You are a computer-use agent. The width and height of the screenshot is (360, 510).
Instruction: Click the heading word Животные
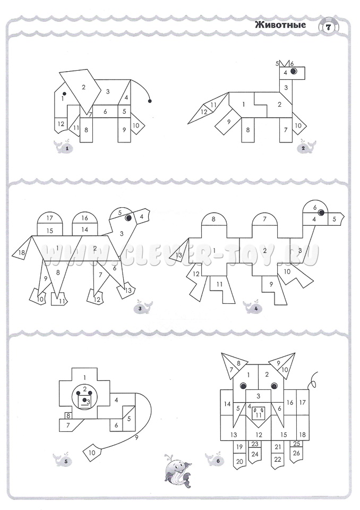(280, 25)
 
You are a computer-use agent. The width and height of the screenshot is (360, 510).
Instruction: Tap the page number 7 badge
(328, 28)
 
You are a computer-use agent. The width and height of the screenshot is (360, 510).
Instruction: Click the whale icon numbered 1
(64, 147)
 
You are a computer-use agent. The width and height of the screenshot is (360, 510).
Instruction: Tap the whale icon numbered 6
(215, 460)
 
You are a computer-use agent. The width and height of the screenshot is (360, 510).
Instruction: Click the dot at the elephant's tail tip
(150, 101)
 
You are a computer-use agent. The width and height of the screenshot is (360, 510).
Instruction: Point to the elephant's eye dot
(64, 94)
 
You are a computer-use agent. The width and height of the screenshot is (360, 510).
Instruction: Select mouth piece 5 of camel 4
(335, 219)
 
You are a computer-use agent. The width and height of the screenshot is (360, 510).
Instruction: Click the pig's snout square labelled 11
(259, 413)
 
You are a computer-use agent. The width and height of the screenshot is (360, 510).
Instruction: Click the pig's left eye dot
(243, 386)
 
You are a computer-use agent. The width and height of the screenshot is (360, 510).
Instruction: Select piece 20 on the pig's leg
(239, 461)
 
